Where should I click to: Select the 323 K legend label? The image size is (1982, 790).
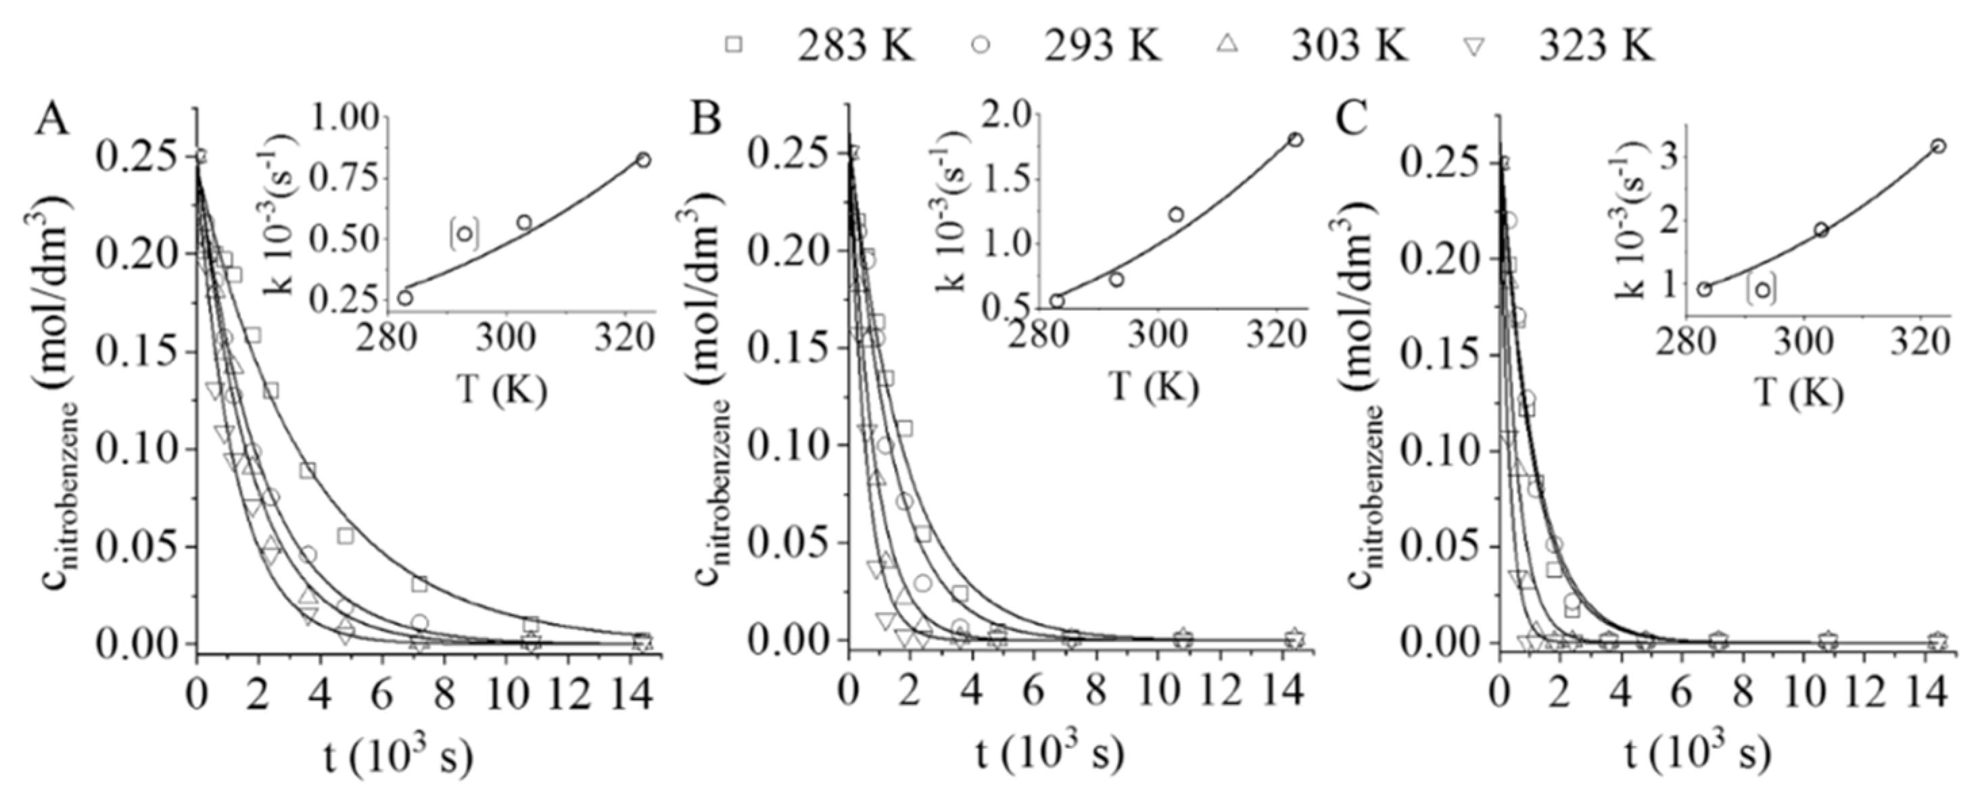coord(1597,46)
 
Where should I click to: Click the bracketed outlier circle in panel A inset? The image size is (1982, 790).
coord(465,234)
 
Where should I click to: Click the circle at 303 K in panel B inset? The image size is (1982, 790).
coord(1176,214)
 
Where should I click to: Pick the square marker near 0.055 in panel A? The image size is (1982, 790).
coord(345,536)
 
